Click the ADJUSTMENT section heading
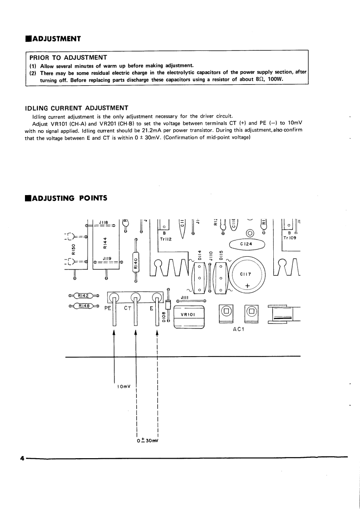point(56,39)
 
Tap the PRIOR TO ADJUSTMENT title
point(68,58)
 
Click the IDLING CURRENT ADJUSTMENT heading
point(76,108)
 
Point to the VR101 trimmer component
point(189,315)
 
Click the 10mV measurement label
point(123,387)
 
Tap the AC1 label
point(239,329)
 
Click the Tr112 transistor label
point(164,239)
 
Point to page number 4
point(21,458)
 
